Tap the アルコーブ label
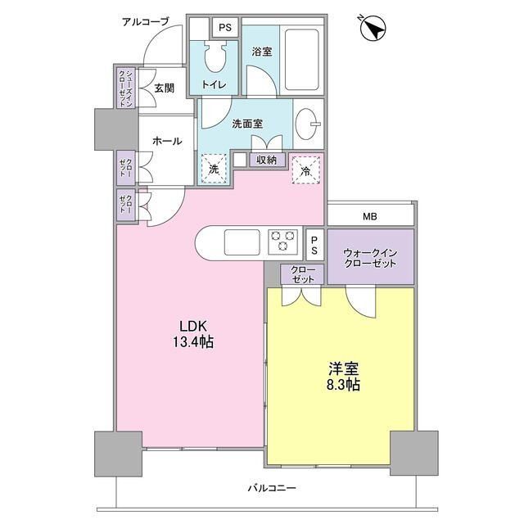coord(144,21)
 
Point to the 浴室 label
coord(262,51)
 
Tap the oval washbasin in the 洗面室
coord(309,124)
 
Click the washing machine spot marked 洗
coord(213,169)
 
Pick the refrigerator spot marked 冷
coord(305,170)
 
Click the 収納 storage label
coord(266,160)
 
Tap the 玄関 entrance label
coord(164,88)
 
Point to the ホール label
coord(167,142)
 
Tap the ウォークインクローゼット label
coord(370,258)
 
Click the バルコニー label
coord(272,489)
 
